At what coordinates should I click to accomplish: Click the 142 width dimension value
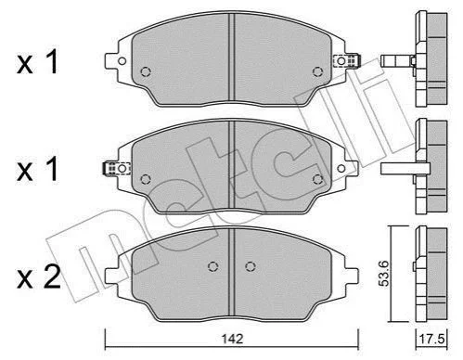coord(232,339)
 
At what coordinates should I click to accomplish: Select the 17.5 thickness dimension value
coord(431,340)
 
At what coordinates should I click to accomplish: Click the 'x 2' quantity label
coord(39,277)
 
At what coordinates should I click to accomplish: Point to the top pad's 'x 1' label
coord(38,62)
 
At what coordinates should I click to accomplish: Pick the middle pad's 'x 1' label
coord(38,169)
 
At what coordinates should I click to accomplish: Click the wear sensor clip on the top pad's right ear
coord(347,60)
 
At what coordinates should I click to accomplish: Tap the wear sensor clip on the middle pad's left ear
coord(116,168)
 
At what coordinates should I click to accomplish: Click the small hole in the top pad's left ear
coord(122,61)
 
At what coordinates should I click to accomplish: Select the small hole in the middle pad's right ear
coord(341,169)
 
